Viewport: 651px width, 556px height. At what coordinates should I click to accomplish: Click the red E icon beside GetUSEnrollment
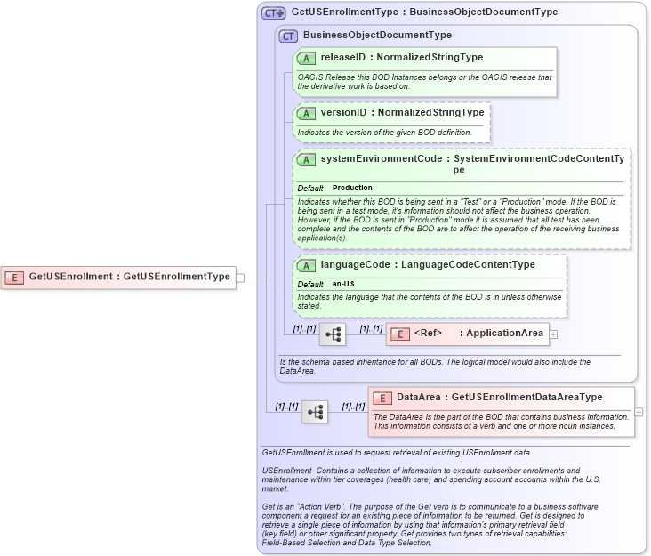click(15, 277)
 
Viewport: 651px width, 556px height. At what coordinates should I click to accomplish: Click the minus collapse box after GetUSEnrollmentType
click(240, 277)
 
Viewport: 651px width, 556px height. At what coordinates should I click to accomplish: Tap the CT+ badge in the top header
click(273, 12)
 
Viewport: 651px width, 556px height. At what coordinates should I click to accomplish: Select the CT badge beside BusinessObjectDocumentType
click(288, 36)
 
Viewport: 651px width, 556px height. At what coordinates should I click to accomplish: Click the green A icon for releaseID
click(306, 58)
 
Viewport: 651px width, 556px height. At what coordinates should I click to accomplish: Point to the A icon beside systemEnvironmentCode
click(306, 160)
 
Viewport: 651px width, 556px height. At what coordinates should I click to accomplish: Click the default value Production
click(352, 188)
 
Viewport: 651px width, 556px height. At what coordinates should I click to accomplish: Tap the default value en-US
click(343, 284)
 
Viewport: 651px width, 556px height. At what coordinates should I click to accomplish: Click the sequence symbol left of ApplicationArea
click(333, 334)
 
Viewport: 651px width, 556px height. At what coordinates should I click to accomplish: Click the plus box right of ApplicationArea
click(553, 334)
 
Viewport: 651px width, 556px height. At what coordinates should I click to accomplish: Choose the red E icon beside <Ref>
click(399, 334)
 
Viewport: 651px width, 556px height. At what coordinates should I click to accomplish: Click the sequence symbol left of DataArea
click(315, 412)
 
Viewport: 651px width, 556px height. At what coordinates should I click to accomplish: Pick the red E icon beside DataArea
click(382, 398)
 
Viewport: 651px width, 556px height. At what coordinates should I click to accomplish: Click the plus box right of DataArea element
click(638, 413)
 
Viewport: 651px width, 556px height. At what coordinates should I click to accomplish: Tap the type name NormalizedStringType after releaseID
click(430, 58)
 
